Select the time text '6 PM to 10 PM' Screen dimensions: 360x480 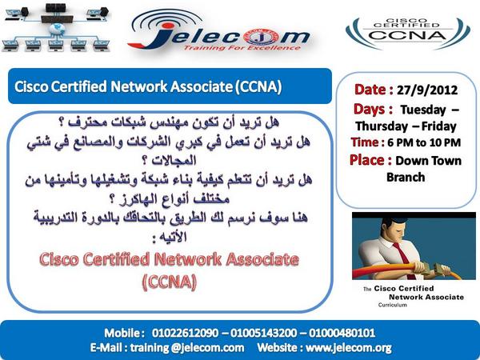coord(427,142)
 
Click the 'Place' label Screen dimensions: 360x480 coord(373,160)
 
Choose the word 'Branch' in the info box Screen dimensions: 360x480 coord(406,177)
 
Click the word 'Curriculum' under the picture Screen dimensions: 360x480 coord(393,306)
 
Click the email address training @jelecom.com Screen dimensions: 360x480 coord(193,348)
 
